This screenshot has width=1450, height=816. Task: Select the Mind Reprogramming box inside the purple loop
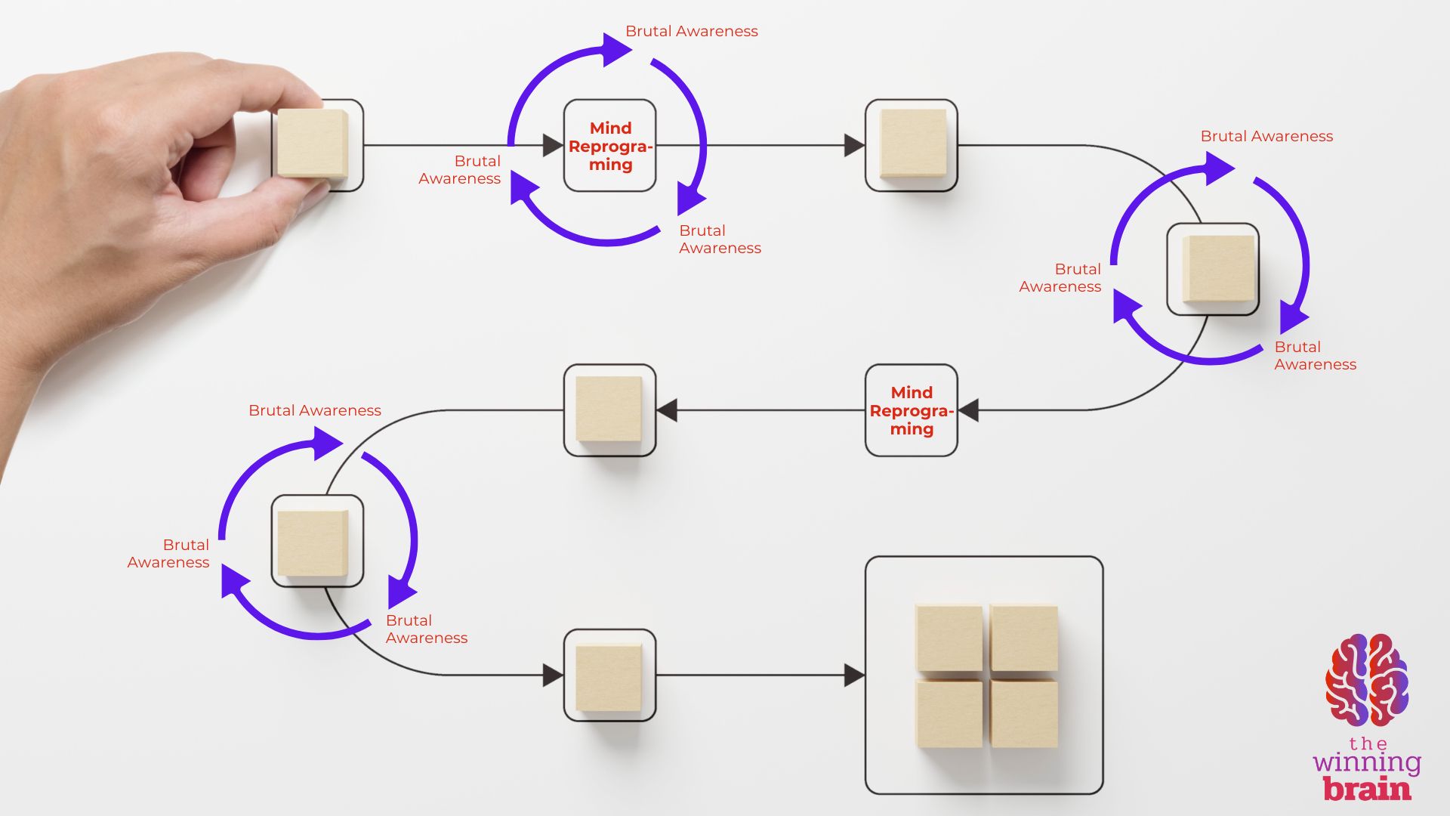click(x=609, y=146)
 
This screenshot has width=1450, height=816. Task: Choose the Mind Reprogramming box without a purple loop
click(x=911, y=410)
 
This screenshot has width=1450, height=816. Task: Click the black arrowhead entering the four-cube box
click(x=854, y=675)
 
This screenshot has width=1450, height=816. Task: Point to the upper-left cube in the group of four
click(x=949, y=636)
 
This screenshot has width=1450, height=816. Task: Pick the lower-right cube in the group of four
click(x=1024, y=713)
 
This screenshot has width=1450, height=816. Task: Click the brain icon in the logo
click(x=1367, y=680)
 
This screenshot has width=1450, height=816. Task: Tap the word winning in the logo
click(x=1367, y=763)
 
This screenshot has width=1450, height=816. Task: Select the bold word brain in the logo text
click(x=1367, y=790)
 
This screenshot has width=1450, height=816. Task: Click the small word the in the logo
click(x=1368, y=744)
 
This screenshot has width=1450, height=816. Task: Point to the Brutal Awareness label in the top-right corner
click(x=1266, y=136)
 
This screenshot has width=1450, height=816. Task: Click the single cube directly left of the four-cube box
click(x=609, y=676)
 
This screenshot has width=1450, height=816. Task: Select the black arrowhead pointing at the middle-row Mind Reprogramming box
click(x=968, y=410)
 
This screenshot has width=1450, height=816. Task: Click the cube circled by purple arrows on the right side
click(x=1217, y=269)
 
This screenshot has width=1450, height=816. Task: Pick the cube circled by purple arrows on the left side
click(x=313, y=542)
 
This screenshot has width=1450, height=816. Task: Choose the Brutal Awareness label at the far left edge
click(x=168, y=553)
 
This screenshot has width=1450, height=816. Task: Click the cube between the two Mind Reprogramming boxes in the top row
click(x=912, y=144)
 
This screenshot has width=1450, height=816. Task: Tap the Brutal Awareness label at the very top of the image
click(x=691, y=31)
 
